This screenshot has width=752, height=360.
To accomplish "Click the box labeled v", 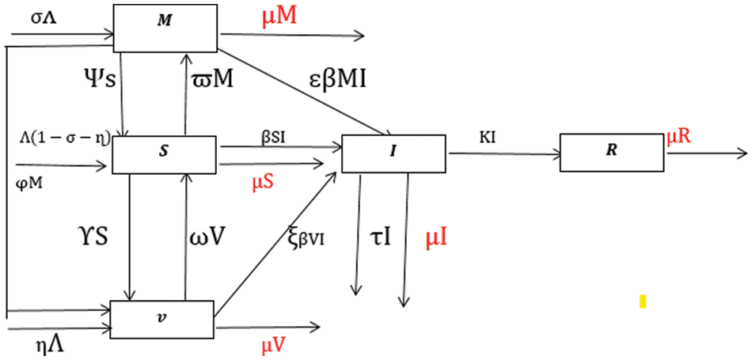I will pyautogui.click(x=162, y=319).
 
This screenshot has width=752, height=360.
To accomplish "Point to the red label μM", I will pyautogui.click(x=279, y=17).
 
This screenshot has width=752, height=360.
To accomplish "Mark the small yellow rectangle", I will pyautogui.click(x=643, y=301).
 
